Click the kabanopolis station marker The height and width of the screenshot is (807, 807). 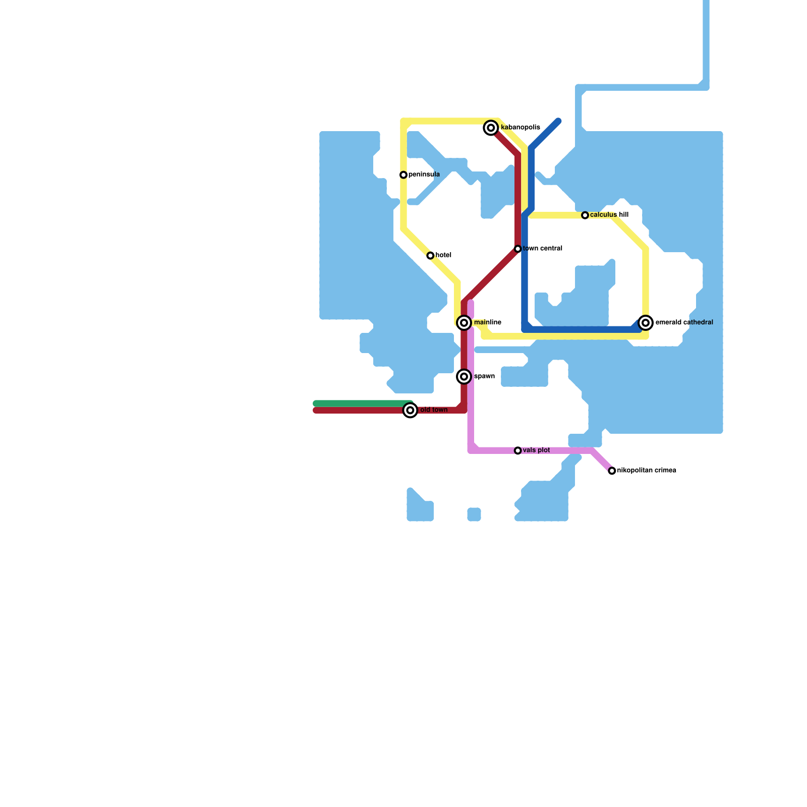click(x=491, y=128)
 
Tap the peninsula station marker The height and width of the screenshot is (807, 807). click(x=403, y=175)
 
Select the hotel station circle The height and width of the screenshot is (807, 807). click(x=430, y=256)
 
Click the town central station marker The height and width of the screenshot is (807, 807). click(x=517, y=249)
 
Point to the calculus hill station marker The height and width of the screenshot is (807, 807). click(x=585, y=215)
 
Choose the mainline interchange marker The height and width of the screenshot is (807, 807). click(x=464, y=323)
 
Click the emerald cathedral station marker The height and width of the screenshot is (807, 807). click(x=646, y=323)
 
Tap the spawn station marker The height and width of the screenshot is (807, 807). click(x=464, y=377)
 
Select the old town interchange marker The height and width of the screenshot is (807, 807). click(x=411, y=411)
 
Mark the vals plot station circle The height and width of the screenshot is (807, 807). click(x=517, y=450)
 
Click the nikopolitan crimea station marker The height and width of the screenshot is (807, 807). click(x=612, y=471)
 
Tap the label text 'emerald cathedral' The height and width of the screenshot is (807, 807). click(x=684, y=322)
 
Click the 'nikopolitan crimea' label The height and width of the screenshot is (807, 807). click(x=647, y=471)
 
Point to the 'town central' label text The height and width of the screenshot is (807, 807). click(x=543, y=249)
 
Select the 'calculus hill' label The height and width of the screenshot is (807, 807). click(x=609, y=215)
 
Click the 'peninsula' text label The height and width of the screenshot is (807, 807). click(x=424, y=175)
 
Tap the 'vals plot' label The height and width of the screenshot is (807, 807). click(x=537, y=450)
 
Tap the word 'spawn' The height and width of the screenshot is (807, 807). click(x=484, y=376)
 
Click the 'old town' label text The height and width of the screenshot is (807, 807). click(x=434, y=410)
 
